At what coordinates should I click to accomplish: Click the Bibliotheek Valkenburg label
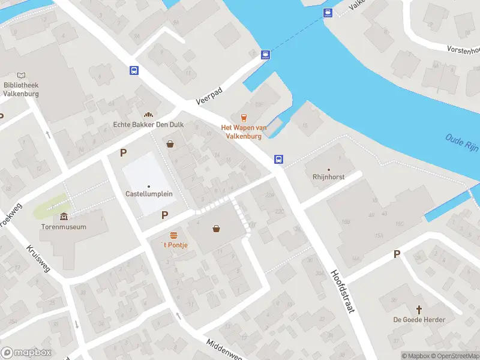click(21, 89)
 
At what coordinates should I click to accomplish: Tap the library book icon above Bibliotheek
click(22, 75)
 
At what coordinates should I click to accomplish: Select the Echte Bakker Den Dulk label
click(148, 125)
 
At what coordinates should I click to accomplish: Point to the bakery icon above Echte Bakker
click(148, 114)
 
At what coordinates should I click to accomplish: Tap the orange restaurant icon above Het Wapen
click(243, 118)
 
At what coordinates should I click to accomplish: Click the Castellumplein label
click(149, 194)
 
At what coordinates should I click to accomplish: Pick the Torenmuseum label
click(64, 227)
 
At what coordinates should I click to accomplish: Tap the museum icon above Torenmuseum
click(64, 217)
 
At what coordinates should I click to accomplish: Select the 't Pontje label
click(175, 245)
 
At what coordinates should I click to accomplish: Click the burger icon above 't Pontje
click(174, 234)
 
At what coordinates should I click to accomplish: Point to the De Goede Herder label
click(419, 320)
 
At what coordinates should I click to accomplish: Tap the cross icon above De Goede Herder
click(419, 309)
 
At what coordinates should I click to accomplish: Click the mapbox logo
click(26, 353)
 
